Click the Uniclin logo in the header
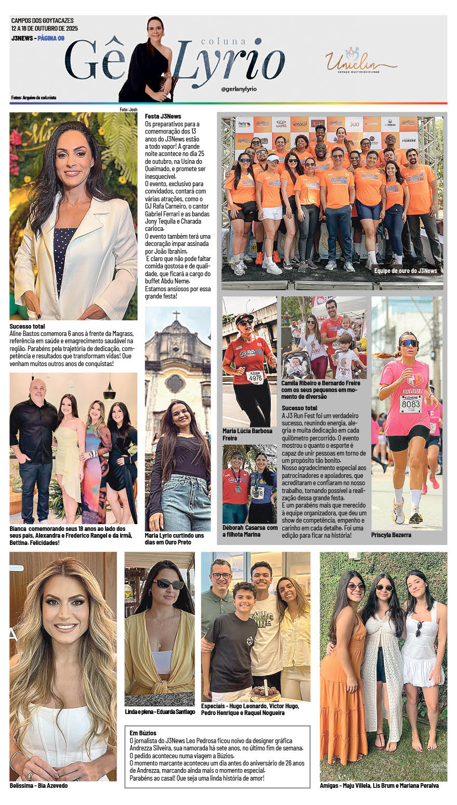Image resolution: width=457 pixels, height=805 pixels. pyautogui.click(x=361, y=61)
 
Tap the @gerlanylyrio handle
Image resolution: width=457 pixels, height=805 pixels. pyautogui.click(x=239, y=89)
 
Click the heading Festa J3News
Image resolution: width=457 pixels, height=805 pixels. pyautogui.click(x=163, y=116)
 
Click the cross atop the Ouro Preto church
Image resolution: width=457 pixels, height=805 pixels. pyautogui.click(x=177, y=315)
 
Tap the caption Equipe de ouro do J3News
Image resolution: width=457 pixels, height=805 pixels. pyautogui.click(x=405, y=271)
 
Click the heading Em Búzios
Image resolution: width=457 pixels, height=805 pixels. pyautogui.click(x=142, y=733)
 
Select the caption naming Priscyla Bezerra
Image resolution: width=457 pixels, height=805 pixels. pyautogui.click(x=390, y=535)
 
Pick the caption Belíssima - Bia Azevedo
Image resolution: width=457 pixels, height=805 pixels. pyautogui.click(x=38, y=785)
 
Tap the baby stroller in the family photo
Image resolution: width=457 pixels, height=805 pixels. pyautogui.click(x=296, y=366)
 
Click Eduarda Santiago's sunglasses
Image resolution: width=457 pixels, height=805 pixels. pyautogui.click(x=168, y=584)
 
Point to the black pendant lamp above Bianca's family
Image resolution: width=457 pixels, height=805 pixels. pyautogui.click(x=109, y=393)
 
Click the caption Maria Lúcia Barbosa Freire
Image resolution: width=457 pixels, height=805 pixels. pyautogui.click(x=247, y=434)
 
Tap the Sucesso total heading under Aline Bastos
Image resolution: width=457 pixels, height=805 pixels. pyautogui.click(x=27, y=327)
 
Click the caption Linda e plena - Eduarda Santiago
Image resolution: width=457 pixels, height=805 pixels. pyautogui.click(x=159, y=711)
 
